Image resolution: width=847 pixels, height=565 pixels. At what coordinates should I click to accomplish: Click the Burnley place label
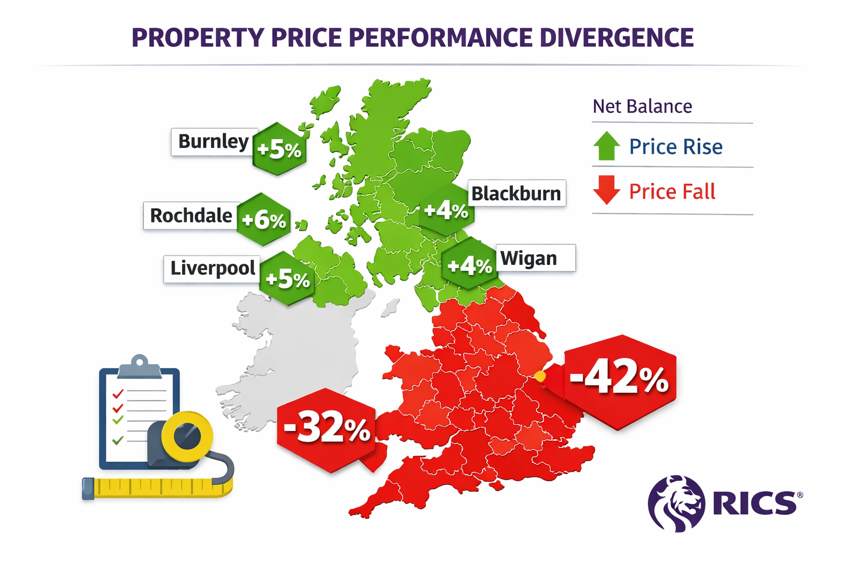(x=213, y=142)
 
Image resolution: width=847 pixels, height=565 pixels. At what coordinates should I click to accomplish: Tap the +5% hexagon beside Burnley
(x=280, y=149)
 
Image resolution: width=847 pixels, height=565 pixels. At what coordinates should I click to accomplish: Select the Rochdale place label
(x=191, y=216)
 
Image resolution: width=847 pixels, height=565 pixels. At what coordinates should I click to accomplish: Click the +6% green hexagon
(x=264, y=220)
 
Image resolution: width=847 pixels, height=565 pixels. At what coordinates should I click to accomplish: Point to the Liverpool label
(x=212, y=269)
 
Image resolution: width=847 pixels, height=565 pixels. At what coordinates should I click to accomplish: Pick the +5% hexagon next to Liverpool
(x=287, y=279)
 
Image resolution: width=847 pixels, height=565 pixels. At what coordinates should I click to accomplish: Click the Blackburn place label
(x=516, y=194)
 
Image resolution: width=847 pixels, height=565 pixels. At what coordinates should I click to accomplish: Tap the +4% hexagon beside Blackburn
(x=446, y=210)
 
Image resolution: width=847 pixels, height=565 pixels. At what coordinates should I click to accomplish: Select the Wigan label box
(x=535, y=258)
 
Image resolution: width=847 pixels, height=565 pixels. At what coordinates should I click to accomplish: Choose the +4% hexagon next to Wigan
(x=469, y=265)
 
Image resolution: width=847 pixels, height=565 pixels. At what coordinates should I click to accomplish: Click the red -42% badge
(x=619, y=380)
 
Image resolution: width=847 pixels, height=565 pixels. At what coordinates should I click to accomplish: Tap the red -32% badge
(x=326, y=429)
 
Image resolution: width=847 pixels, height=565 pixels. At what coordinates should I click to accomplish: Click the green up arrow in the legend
(x=607, y=146)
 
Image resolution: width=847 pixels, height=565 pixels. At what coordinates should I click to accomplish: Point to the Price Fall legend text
(x=672, y=191)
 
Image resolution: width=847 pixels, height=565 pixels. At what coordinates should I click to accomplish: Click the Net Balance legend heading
(x=642, y=106)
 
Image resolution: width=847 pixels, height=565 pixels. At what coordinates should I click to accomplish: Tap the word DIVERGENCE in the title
(x=616, y=38)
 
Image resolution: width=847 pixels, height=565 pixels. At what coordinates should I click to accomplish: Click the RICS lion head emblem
(x=677, y=503)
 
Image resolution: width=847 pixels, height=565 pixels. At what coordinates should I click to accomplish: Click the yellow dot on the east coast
(x=540, y=376)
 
